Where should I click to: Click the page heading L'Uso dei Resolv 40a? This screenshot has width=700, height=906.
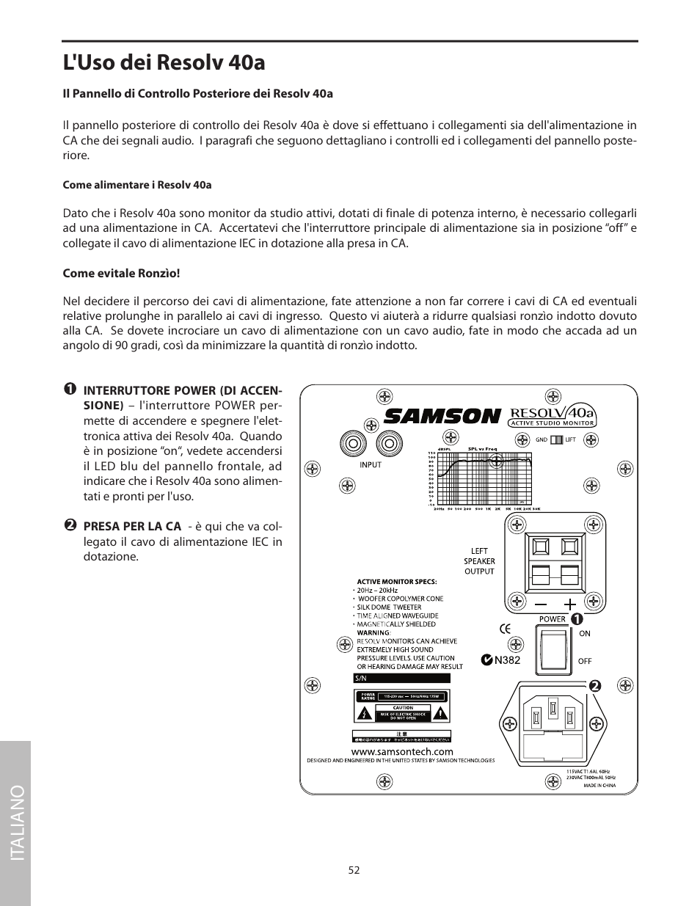coord(164,62)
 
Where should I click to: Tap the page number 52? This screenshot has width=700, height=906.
coord(354,869)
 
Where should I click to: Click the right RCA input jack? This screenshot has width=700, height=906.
coord(389,444)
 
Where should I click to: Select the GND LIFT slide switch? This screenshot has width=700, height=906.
coord(556,439)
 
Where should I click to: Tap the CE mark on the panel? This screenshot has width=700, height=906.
coord(505,628)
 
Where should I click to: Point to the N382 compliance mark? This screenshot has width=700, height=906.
coord(500,660)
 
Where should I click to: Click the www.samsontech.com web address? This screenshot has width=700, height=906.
coord(401,751)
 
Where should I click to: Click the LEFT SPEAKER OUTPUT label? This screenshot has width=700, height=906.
coord(479,561)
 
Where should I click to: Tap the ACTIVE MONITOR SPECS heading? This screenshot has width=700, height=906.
coord(396,581)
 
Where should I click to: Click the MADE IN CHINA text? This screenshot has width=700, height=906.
coord(599,786)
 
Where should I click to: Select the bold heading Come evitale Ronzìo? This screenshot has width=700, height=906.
coord(121,273)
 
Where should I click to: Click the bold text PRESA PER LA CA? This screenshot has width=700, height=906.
coord(132,526)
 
